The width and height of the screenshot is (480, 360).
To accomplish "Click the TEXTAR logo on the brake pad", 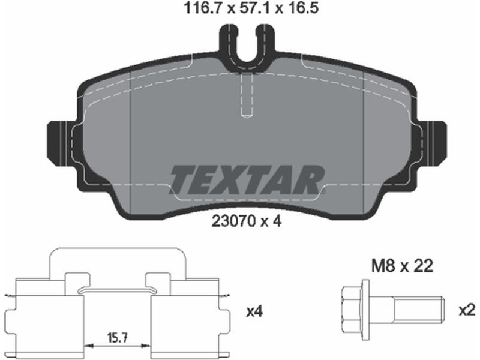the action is point(247,180).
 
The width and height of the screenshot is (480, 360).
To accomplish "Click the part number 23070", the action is point(233,221).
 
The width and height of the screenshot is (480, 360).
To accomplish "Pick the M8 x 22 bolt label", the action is point(402,266).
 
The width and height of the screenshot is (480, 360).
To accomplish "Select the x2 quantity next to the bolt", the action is point(467,311).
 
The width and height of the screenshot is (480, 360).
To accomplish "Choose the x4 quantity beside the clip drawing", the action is point(254,312).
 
